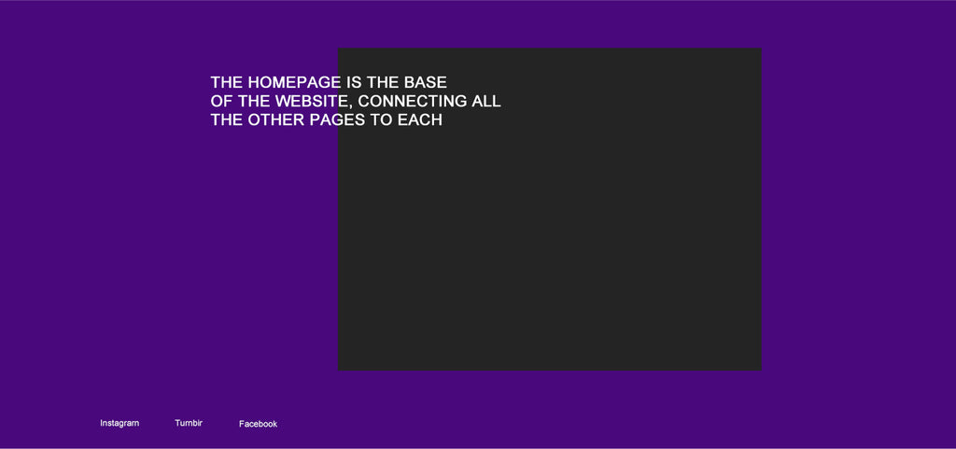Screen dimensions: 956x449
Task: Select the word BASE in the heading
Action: [426, 83]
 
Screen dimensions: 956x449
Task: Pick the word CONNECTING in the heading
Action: [413, 102]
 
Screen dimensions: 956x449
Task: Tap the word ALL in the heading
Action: [486, 102]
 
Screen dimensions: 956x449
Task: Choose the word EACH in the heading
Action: [420, 120]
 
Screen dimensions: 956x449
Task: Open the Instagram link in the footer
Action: [119, 424]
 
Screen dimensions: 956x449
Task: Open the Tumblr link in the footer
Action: [189, 423]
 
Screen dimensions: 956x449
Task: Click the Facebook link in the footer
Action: [258, 424]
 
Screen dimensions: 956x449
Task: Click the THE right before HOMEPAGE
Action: [227, 83]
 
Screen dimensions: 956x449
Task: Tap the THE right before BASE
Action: [382, 83]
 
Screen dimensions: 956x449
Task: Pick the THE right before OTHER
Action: [227, 120]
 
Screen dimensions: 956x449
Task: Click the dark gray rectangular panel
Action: [549, 244]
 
